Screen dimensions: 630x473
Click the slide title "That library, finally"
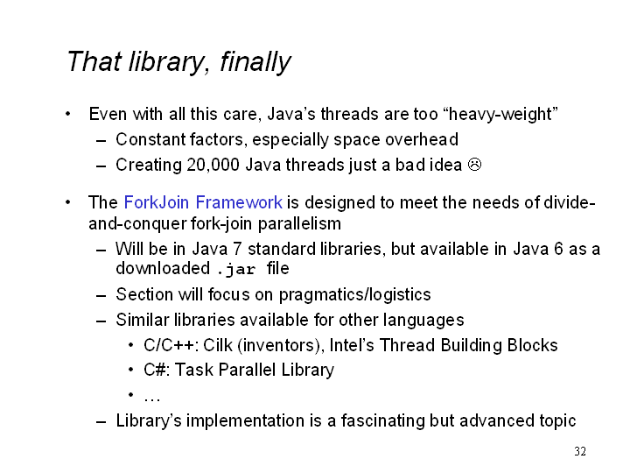(178, 61)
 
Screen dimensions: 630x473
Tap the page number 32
(580, 451)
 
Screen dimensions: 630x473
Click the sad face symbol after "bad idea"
(474, 165)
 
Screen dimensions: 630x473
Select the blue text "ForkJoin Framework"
(203, 202)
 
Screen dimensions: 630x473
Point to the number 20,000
(213, 166)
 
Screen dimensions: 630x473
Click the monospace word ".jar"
(236, 269)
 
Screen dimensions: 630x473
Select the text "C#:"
(156, 370)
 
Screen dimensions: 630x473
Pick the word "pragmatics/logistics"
(354, 295)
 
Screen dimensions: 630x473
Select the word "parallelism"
(299, 223)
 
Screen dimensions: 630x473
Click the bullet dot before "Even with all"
(68, 114)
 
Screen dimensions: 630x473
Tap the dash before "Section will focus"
(101, 296)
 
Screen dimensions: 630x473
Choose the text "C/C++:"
(171, 345)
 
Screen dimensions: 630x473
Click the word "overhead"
(422, 139)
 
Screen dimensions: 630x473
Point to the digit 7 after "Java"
(237, 249)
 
